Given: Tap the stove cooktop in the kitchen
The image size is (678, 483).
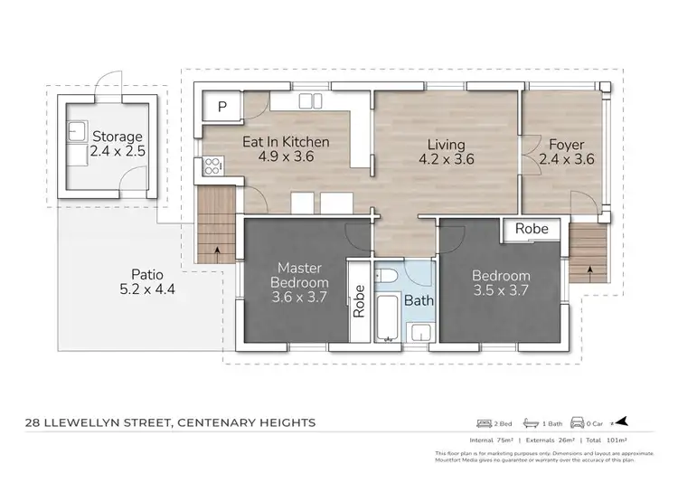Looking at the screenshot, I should click(x=214, y=166).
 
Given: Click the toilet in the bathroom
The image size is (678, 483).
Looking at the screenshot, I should click(x=391, y=276).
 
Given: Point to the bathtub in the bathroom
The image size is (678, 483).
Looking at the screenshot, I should click(x=389, y=321).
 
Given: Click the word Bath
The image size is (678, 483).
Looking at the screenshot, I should click(x=418, y=299).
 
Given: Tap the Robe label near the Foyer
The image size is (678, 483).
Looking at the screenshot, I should click(x=531, y=230).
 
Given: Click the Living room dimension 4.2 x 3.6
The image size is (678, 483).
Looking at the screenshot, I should click(x=447, y=160).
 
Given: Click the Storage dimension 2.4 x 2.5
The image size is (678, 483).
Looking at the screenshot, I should click(x=118, y=151).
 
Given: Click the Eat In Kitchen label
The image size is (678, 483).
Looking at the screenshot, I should click(x=285, y=142).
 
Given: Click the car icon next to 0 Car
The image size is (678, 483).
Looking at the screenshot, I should click(x=575, y=422).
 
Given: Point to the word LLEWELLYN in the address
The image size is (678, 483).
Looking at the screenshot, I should click(x=108, y=422).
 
